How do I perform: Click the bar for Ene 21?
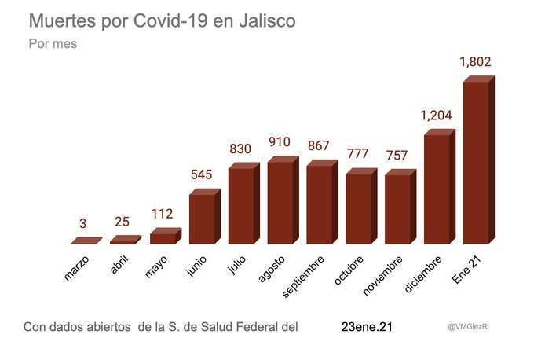[x=477, y=163]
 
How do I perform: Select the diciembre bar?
[x=437, y=189]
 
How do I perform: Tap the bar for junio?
[x=203, y=219]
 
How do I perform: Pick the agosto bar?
[x=280, y=203]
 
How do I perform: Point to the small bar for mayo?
[x=163, y=238]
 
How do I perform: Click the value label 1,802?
[x=476, y=61]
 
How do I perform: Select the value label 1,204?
[x=437, y=116]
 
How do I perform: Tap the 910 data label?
[x=280, y=142]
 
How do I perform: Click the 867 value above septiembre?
[x=319, y=146]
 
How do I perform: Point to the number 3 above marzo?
[x=85, y=222]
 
